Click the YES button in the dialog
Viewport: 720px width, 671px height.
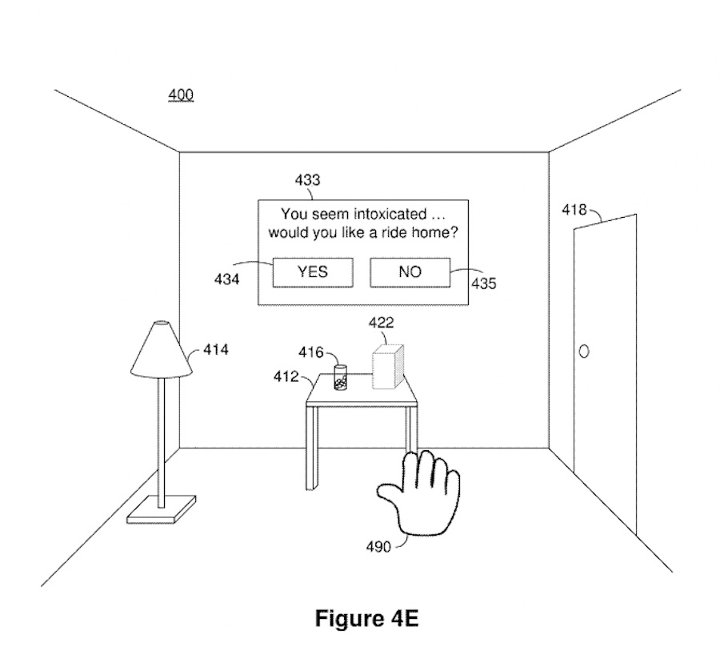[x=312, y=272]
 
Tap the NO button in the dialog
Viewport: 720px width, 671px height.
[x=410, y=272]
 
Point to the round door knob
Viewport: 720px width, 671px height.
[x=584, y=352]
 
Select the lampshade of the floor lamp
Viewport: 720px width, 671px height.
[x=161, y=350]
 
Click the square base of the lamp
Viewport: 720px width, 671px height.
[x=162, y=510]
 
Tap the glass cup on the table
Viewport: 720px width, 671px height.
[x=341, y=378]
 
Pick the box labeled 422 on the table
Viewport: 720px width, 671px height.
[x=389, y=367]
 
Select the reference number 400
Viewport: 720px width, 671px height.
[x=180, y=95]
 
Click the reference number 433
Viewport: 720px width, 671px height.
[x=307, y=180]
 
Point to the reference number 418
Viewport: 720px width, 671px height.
[x=574, y=210]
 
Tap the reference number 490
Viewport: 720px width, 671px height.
[x=378, y=547]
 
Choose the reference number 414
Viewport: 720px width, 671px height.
[x=215, y=349]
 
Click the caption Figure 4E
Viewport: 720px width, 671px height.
[x=366, y=619]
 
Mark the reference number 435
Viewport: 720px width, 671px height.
[x=483, y=283]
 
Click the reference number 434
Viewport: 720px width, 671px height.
[x=226, y=280]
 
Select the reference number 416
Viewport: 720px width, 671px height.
[x=311, y=352]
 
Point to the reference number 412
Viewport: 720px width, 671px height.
[x=286, y=376]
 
